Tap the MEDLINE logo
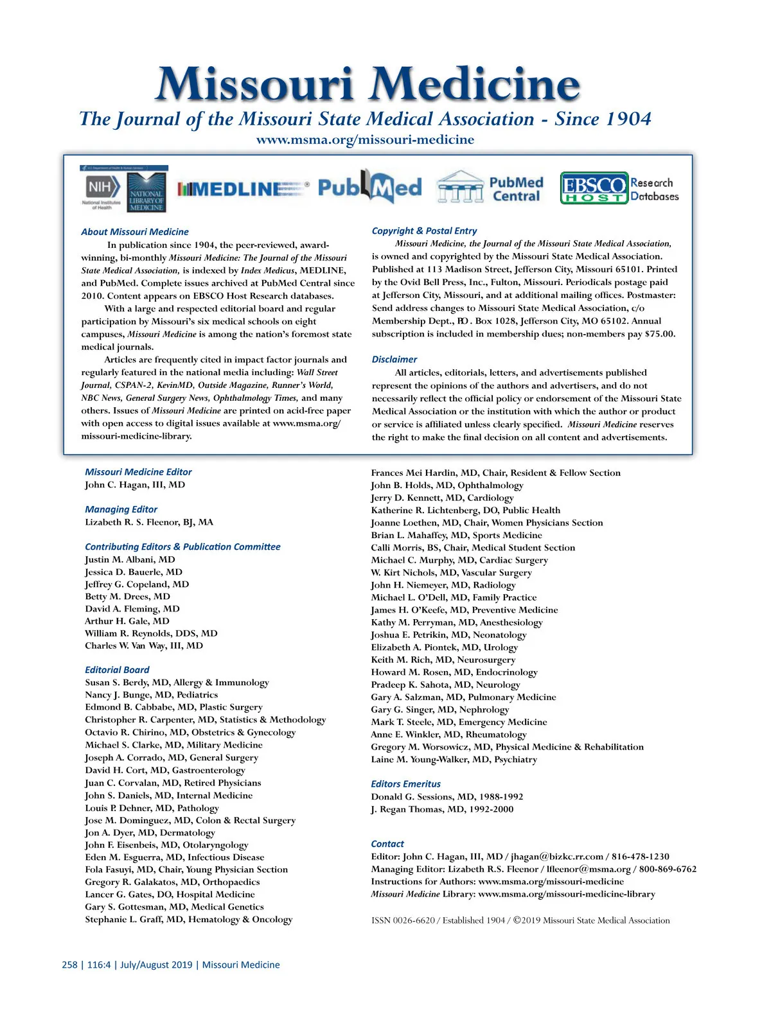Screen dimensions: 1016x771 pos(243,189)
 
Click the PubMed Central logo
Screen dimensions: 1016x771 pos(490,188)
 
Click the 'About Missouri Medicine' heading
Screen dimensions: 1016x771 pos(135,232)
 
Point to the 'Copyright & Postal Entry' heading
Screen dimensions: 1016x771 pos(424,231)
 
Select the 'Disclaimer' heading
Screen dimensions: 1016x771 pos(394,360)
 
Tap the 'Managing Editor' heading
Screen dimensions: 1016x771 pos(121,509)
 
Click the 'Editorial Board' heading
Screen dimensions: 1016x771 pos(117,670)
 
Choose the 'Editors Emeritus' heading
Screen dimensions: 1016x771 pos(405,784)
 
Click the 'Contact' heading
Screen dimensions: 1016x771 pos(387,844)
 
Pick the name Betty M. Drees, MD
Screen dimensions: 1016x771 pos(127,597)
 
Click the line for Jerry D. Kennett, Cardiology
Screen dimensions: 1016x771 pos(442,498)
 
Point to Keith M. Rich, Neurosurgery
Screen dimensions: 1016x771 pos(443,660)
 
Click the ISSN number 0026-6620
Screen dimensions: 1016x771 pos(412,920)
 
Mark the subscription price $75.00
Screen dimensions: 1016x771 pos(660,334)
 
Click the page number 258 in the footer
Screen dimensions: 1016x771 pos(69,965)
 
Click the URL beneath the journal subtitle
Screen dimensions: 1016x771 pos(365,140)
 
